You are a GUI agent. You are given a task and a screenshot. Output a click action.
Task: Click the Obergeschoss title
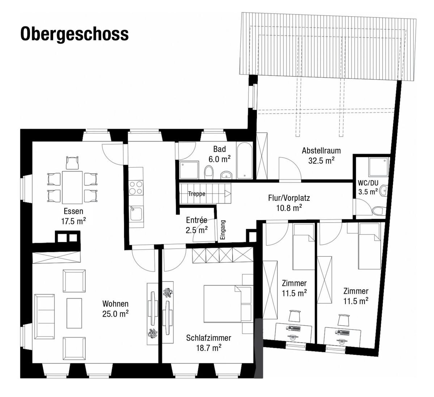(x=75, y=34)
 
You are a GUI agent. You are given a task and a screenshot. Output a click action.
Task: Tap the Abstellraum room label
(x=321, y=151)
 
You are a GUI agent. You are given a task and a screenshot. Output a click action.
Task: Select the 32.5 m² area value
(x=321, y=160)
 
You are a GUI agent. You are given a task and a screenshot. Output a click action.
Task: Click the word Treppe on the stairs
(x=196, y=194)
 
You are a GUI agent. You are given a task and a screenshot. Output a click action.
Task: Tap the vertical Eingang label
(x=223, y=230)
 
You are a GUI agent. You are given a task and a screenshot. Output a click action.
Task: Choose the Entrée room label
(x=196, y=220)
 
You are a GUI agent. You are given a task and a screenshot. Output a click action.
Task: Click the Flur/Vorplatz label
(x=289, y=198)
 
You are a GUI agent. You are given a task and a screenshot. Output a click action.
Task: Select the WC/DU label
(x=368, y=183)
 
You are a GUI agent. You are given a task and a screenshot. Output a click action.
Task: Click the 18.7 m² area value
(x=208, y=348)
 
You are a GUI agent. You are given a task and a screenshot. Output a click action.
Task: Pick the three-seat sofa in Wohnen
(x=44, y=310)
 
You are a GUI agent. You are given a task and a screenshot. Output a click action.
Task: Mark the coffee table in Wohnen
(x=74, y=313)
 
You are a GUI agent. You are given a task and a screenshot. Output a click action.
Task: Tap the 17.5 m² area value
(x=73, y=221)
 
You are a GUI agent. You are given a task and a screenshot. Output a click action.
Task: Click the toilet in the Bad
(x=209, y=172)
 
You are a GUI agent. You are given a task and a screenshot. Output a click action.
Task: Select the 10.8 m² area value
(x=289, y=208)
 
